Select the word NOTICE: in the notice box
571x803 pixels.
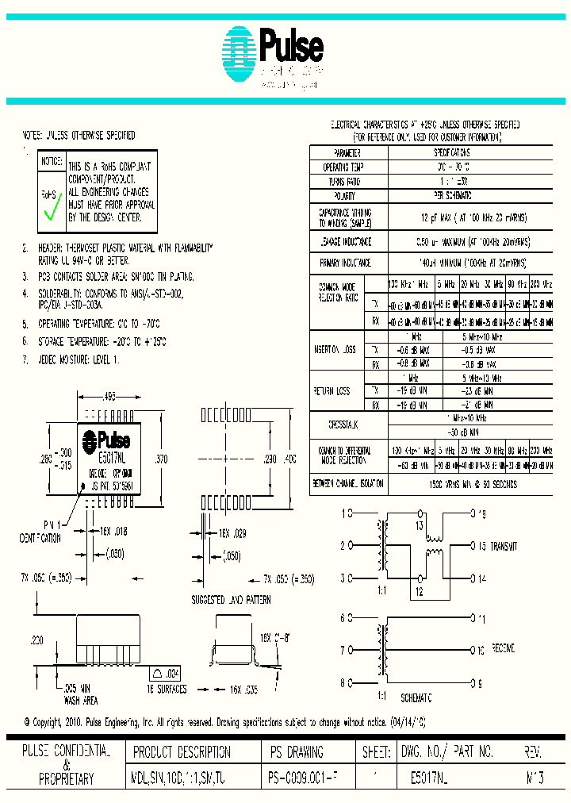52,161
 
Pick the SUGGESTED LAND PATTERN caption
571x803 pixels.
231,600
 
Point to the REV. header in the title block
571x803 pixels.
534,751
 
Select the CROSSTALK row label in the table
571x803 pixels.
348,425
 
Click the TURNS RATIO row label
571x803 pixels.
347,182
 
